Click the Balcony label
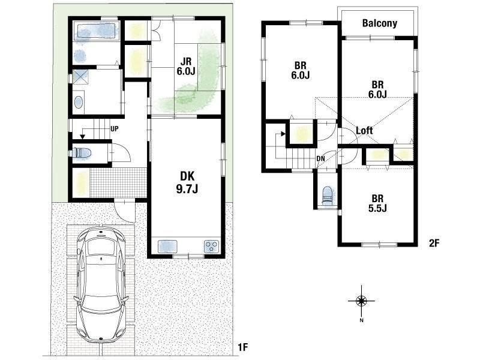coord(380,23)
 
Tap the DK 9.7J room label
coord(187,182)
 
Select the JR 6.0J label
coord(186,67)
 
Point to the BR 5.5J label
coord(377,203)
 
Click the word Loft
coord(364,131)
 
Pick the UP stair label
coord(114,129)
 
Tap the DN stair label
coord(320,159)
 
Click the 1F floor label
coord(243,347)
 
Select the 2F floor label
coord(434,244)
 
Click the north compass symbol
coord(362,301)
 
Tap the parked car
coord(101,284)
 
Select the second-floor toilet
coord(327,195)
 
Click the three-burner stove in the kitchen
coord(212,246)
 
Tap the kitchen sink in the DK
coord(167,247)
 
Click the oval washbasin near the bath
coord(79,102)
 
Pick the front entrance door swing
coord(124,211)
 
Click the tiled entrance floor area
coord(117,182)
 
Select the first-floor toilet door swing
coord(121,152)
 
